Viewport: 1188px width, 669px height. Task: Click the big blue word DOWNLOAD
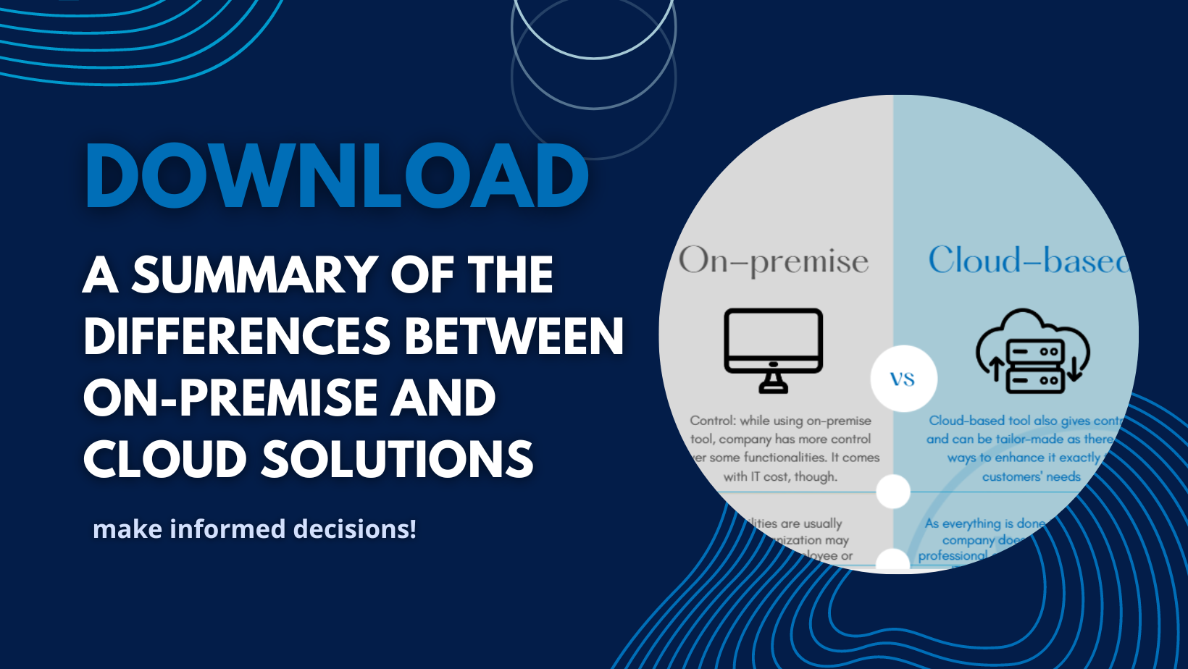click(337, 176)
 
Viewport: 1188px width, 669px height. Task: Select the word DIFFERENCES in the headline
click(238, 337)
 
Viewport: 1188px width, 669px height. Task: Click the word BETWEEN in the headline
click(514, 337)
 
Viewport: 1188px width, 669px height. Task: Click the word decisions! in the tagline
click(355, 529)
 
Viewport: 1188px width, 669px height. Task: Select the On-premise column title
click(774, 261)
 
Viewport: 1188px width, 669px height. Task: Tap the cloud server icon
click(1032, 351)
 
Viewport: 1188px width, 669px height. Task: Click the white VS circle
click(903, 379)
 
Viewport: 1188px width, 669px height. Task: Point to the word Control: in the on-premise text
click(714, 421)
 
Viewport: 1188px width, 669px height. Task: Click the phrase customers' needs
click(1031, 476)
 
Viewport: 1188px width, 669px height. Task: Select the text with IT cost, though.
click(780, 476)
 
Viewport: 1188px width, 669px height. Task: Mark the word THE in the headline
click(511, 275)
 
